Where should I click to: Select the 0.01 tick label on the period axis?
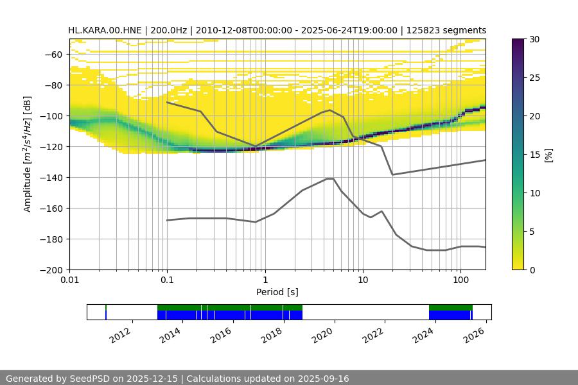point(69,280)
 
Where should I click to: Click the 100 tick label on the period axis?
point(460,280)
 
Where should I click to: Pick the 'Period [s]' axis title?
point(277,292)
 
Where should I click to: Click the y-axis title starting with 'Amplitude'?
point(28,154)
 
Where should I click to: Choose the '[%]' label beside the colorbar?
point(549,154)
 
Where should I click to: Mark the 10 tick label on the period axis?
point(363,280)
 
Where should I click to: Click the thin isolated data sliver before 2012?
point(106,312)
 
